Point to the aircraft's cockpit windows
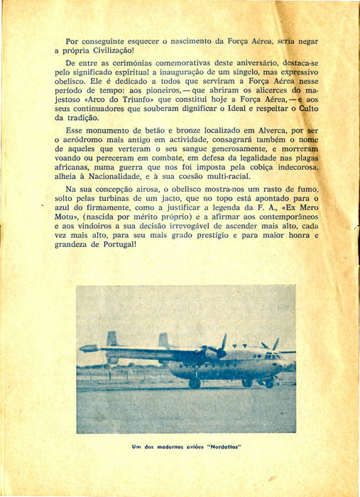273,354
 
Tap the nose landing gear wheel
269,383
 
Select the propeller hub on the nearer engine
220,353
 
